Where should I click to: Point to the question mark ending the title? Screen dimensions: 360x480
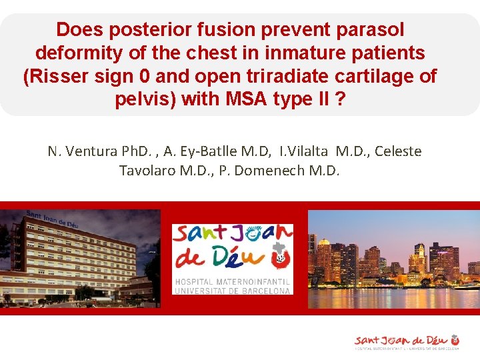point(341,100)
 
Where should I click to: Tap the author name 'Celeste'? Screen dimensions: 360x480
point(398,151)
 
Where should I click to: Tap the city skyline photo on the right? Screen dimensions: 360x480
point(393,260)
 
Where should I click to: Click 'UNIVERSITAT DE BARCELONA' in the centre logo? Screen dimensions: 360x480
point(232,291)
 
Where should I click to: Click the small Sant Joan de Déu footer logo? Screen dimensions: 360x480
point(407,341)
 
